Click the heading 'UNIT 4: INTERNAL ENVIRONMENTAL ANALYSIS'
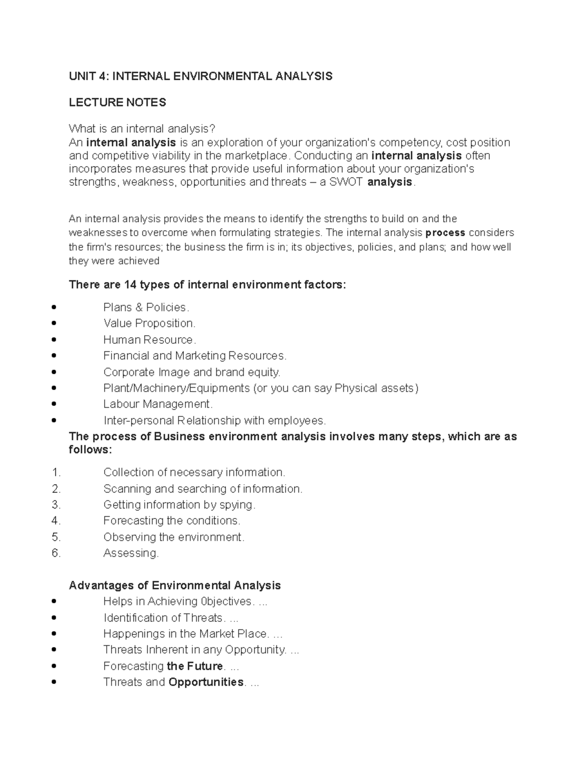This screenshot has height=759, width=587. point(201,76)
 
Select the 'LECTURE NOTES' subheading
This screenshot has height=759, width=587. point(117,103)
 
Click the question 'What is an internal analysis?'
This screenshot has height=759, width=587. point(142,129)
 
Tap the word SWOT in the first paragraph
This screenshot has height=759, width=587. point(347,182)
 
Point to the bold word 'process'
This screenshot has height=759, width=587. point(446,233)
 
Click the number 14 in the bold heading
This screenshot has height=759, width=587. point(131,285)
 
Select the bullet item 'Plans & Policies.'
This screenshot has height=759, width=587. point(146,307)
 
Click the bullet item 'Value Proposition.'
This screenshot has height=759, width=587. point(149,324)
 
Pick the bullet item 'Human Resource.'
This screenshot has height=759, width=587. point(149,340)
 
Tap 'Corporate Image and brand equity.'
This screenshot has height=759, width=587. point(192,372)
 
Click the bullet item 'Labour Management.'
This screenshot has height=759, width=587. point(158,404)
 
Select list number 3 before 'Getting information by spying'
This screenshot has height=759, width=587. point(56,505)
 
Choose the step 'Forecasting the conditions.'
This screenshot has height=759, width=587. point(172,521)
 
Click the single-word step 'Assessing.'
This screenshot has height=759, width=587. point(131,553)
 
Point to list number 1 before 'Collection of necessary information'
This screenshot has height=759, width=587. point(56,473)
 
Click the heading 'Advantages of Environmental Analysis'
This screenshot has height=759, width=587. point(175,586)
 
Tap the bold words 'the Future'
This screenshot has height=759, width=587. point(195,666)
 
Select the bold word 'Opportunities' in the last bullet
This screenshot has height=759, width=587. point(206,682)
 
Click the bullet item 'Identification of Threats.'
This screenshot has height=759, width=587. point(164,618)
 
